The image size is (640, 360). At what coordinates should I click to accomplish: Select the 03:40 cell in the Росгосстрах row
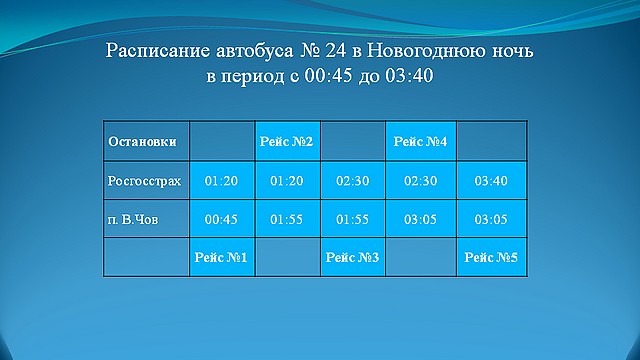tap(490, 182)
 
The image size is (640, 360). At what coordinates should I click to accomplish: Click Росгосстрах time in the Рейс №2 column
tap(287, 182)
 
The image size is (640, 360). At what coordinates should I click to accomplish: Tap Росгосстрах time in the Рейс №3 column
tap(353, 182)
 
